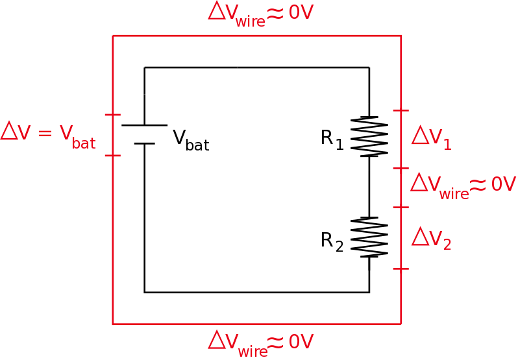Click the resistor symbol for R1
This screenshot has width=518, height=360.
tap(369, 137)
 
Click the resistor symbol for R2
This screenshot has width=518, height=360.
tap(369, 237)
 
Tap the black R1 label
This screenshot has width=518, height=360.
tap(332, 139)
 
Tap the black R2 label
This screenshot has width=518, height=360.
tap(332, 241)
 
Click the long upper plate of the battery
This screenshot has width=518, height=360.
tap(144, 125)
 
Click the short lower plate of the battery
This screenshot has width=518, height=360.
tap(144, 143)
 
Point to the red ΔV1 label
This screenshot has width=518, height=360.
tap(432, 138)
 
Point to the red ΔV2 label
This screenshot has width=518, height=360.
tap(432, 239)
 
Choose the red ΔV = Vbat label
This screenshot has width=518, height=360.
tap(48, 134)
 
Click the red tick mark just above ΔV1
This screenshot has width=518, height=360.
tap(401, 111)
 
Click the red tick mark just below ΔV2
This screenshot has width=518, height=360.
tap(401, 269)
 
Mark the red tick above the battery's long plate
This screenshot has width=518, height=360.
tap(113, 115)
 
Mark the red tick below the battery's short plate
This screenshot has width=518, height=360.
tap(113, 156)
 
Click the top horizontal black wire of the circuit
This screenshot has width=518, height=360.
tap(256, 67)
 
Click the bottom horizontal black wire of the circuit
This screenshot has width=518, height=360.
tap(256, 293)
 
